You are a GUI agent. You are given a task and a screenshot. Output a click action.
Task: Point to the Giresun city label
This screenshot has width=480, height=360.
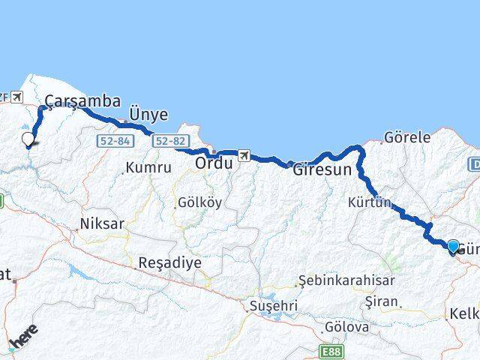pos(322,169)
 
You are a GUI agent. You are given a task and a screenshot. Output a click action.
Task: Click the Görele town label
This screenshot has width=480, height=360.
pos(406,137)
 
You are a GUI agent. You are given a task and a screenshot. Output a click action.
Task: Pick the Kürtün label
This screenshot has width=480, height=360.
pos(370,202)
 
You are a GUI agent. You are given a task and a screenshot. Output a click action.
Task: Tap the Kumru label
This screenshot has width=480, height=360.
pos(148,167)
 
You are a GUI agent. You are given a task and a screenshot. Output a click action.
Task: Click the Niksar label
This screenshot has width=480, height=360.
pos(102,223)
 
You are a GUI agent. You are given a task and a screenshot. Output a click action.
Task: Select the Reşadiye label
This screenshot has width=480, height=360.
pos(169,263)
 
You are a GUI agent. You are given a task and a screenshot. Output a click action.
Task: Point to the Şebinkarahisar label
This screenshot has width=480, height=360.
pos(336,280)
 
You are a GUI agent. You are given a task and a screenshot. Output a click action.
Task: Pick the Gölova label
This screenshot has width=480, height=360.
pos(346,327)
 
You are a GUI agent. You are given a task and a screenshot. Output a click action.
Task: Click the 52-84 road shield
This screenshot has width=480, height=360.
pos(111,141)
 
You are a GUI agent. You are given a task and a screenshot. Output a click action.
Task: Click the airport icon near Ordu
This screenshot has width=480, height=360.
pos(243,155)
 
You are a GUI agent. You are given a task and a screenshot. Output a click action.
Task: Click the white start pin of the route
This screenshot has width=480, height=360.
pos(28,139)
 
